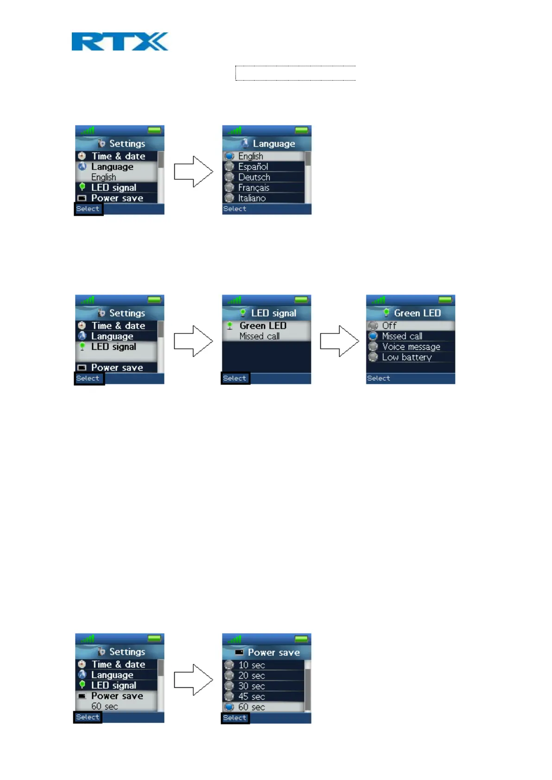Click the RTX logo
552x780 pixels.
click(x=120, y=42)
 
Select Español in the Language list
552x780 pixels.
click(x=253, y=167)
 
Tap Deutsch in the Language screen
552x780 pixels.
click(x=254, y=177)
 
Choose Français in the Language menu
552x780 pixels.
click(x=254, y=188)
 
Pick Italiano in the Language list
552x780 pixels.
click(x=252, y=198)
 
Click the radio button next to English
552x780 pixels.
click(x=229, y=157)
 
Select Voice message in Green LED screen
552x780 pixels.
click(x=411, y=347)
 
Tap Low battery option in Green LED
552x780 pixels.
click(x=406, y=358)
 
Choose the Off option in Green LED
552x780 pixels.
click(x=389, y=326)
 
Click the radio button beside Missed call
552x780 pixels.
click(x=373, y=336)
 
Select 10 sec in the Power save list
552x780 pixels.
click(x=251, y=665)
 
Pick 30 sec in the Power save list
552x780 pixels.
click(x=251, y=686)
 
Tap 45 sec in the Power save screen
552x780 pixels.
click(x=251, y=697)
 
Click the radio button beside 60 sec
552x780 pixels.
click(x=229, y=707)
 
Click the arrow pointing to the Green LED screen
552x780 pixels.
click(x=339, y=341)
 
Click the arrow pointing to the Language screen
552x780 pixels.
click(x=193, y=171)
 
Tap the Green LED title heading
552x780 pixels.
click(x=417, y=313)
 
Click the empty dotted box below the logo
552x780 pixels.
click(x=295, y=73)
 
